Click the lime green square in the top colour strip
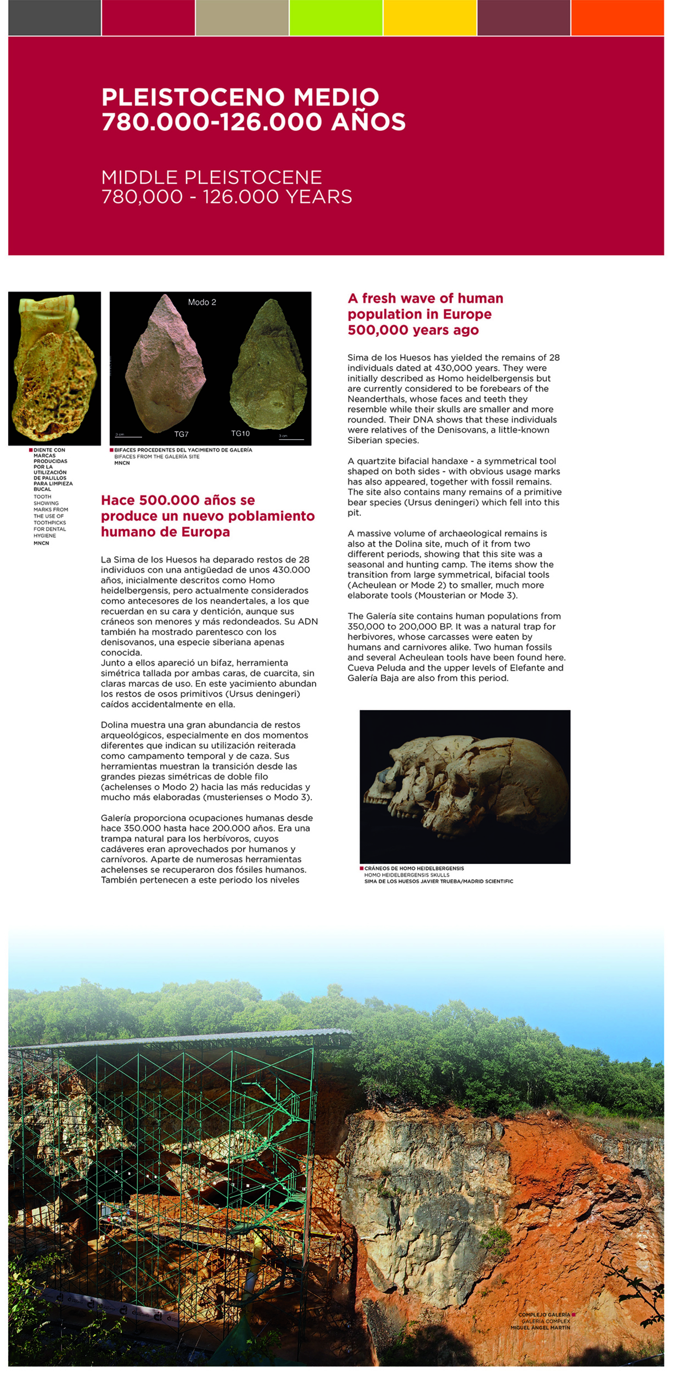click(x=336, y=18)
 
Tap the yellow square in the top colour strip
click(x=429, y=18)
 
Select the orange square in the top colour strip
click(x=617, y=18)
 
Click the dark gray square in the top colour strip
click(x=54, y=18)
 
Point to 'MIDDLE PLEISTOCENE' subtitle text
click(x=211, y=177)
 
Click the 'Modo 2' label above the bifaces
click(x=202, y=302)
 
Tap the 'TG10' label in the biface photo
click(x=240, y=433)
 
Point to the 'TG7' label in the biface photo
click(x=181, y=434)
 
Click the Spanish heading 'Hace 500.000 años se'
click(x=178, y=500)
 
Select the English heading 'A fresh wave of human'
click(x=425, y=298)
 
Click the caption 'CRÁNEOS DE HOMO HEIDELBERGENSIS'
click(x=414, y=868)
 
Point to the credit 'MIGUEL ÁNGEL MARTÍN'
click(x=540, y=1328)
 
